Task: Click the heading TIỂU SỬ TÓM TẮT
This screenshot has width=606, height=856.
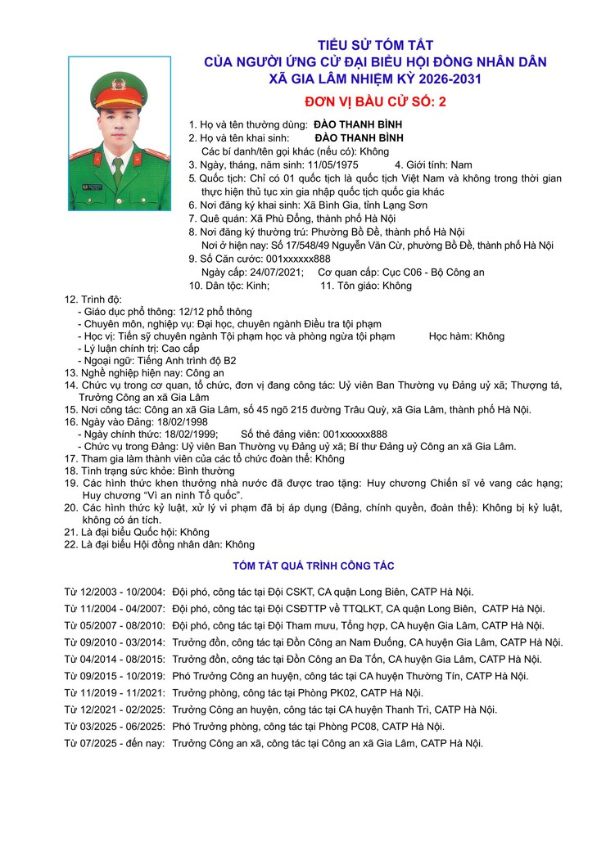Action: pyautogui.click(x=376, y=45)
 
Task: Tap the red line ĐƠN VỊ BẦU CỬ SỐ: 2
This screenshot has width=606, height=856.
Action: pyautogui.click(x=376, y=102)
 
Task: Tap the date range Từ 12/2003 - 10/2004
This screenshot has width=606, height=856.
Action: pyautogui.click(x=115, y=592)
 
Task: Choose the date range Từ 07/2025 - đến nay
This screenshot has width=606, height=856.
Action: pyautogui.click(x=115, y=743)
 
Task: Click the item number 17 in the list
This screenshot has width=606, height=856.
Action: pyautogui.click(x=70, y=459)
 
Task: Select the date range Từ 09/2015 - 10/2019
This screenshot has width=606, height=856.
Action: pyautogui.click(x=115, y=676)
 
